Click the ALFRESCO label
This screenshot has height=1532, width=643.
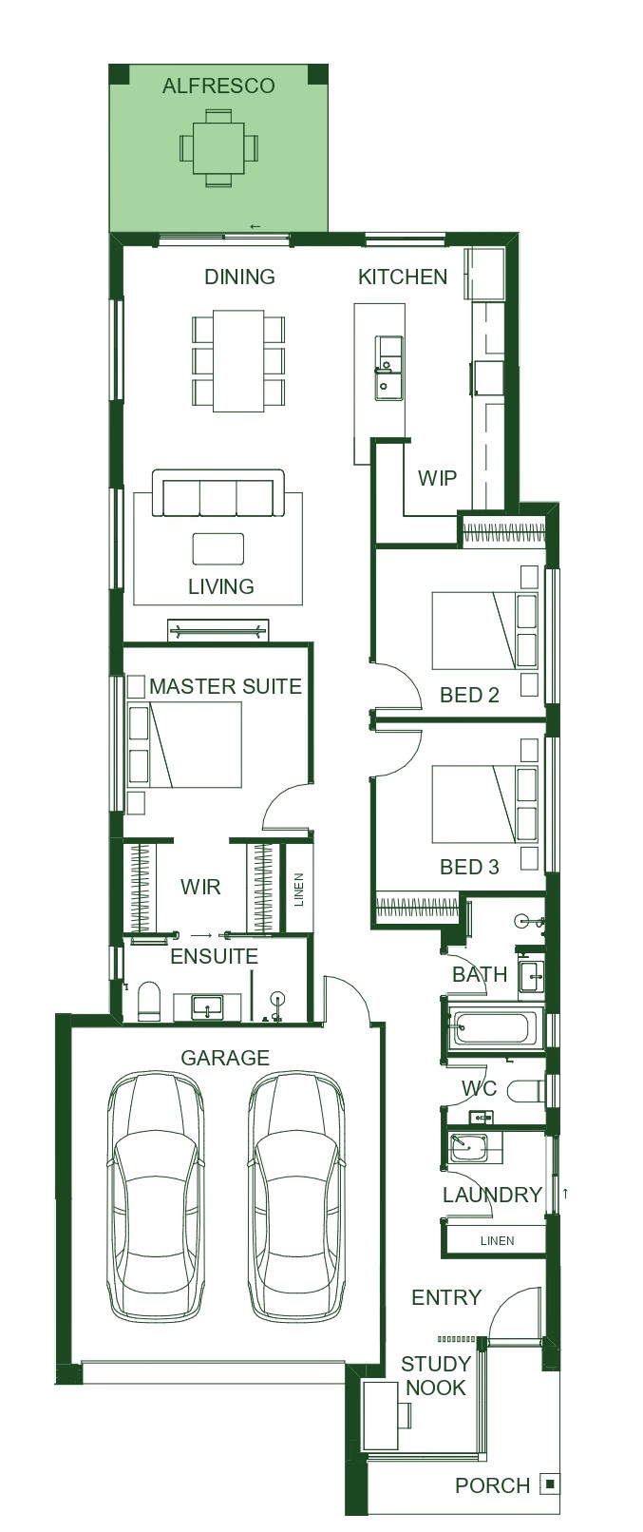click(x=218, y=86)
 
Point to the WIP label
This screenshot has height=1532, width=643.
click(x=437, y=477)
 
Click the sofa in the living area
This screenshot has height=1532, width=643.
click(x=218, y=493)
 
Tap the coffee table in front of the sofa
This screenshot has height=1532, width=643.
click(x=218, y=548)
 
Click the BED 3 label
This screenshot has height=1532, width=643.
click(x=469, y=868)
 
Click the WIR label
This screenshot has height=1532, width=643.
click(x=200, y=887)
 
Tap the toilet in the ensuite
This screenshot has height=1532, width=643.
click(x=149, y=1002)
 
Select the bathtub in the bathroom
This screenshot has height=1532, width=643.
click(x=491, y=1028)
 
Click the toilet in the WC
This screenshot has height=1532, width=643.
click(x=527, y=1090)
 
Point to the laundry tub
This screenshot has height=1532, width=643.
click(x=468, y=1146)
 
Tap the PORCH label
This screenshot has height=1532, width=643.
click(x=493, y=1486)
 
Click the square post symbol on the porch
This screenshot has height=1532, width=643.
click(x=549, y=1484)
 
